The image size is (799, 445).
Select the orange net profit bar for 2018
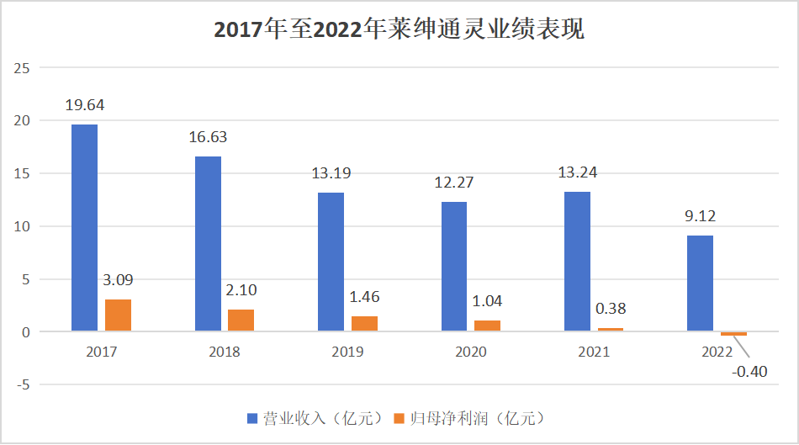[x=241, y=321]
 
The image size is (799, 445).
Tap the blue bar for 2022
[x=700, y=283]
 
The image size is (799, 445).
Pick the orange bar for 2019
[x=364, y=324]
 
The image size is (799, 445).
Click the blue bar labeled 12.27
[x=453, y=267]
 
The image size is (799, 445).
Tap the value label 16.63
[x=207, y=137]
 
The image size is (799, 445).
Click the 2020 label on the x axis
[x=471, y=352]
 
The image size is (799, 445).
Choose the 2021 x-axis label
[x=594, y=352]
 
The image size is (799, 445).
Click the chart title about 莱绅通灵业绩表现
[x=399, y=29]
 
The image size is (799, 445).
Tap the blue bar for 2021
[x=577, y=262]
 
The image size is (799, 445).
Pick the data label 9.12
[x=699, y=216]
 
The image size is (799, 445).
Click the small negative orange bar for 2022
[x=733, y=334]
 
